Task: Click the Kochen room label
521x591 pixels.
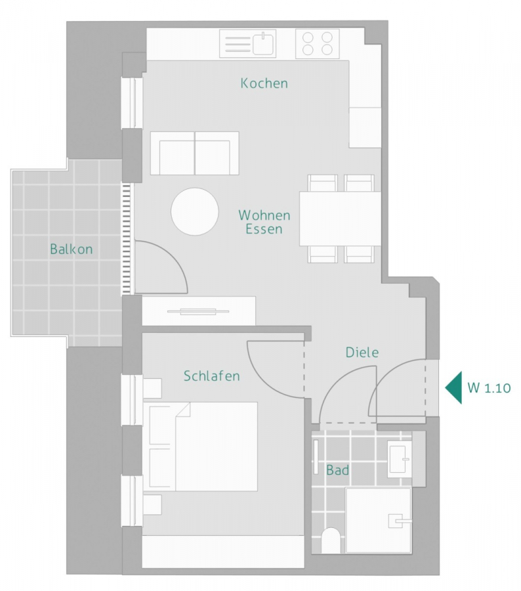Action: click(x=264, y=83)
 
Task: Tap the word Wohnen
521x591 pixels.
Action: click(x=264, y=215)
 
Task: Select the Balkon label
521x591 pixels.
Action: click(x=72, y=249)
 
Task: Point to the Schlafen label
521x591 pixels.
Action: click(x=212, y=376)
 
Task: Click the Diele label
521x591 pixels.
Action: click(x=362, y=353)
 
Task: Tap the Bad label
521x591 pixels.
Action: click(x=337, y=470)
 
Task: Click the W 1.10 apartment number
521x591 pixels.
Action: click(x=489, y=388)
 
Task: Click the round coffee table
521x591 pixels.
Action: click(x=195, y=211)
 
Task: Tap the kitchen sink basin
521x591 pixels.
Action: click(x=264, y=44)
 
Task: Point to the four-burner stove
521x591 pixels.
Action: click(x=317, y=44)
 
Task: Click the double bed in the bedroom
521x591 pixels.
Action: click(x=203, y=447)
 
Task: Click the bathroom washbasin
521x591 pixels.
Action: click(x=399, y=460)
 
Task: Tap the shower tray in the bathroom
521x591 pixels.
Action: click(x=379, y=521)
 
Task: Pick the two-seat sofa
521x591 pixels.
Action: click(x=195, y=153)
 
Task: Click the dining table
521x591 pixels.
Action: click(x=340, y=219)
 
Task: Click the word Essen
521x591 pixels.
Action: click(x=264, y=229)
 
